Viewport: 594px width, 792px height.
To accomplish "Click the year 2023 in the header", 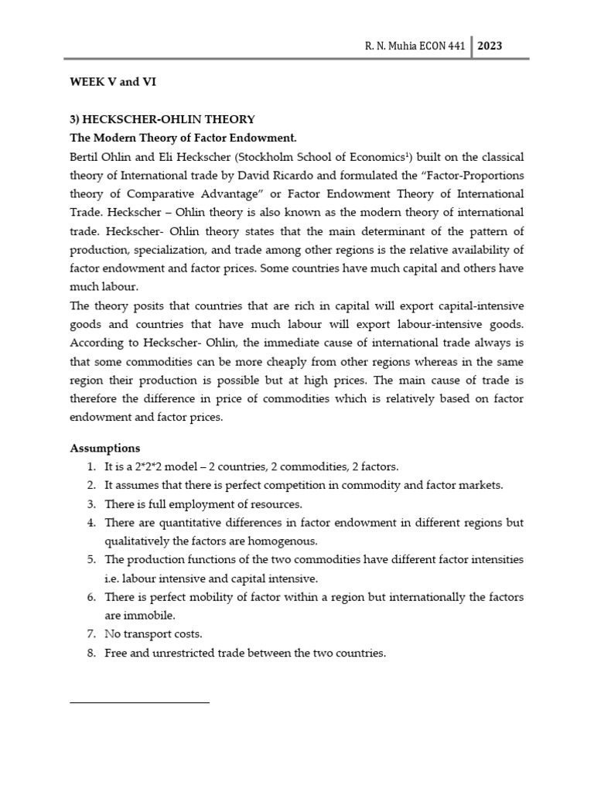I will pos(490,46).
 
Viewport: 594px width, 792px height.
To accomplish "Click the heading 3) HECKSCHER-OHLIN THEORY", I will pos(162,119).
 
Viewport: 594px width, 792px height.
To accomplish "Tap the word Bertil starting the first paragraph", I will pos(86,157).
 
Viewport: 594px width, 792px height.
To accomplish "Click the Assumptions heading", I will pos(105,449).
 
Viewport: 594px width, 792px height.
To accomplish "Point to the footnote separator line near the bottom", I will pos(139,702).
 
